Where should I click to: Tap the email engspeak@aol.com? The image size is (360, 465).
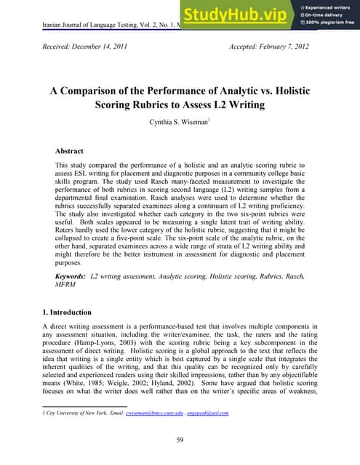click(x=207, y=413)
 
